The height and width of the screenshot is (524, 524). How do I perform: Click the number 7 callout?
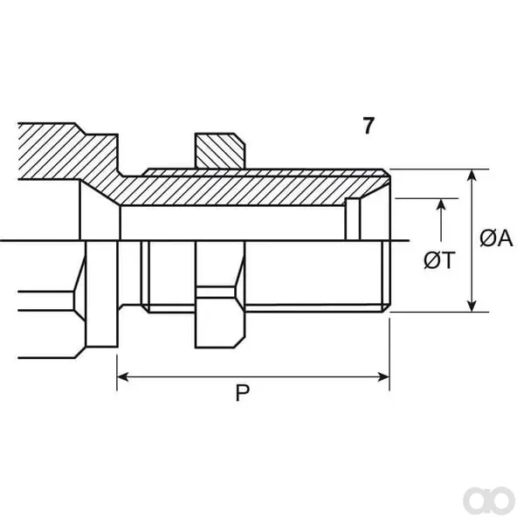[368, 125]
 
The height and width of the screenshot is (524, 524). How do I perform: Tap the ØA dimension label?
[496, 238]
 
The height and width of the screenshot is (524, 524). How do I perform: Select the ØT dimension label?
[439, 260]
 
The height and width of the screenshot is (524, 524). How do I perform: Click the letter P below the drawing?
[243, 393]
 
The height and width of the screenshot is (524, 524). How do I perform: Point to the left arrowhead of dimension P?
[122, 377]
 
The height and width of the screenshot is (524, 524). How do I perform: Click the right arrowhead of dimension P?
[383, 377]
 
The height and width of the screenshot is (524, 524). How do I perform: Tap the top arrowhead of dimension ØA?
[472, 176]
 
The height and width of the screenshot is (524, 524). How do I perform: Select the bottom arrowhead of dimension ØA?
[472, 306]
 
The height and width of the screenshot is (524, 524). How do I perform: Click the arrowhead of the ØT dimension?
[441, 205]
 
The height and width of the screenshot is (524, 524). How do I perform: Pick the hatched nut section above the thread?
[219, 151]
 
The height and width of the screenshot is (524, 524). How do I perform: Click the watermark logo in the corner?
[489, 501]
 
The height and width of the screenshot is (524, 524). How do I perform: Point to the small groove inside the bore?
[353, 219]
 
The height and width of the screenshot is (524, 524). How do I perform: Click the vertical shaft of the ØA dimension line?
[472, 241]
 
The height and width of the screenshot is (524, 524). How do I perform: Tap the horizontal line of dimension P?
[253, 377]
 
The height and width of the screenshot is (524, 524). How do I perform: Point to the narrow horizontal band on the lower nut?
[217, 292]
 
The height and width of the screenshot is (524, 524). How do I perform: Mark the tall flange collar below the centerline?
[102, 294]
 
